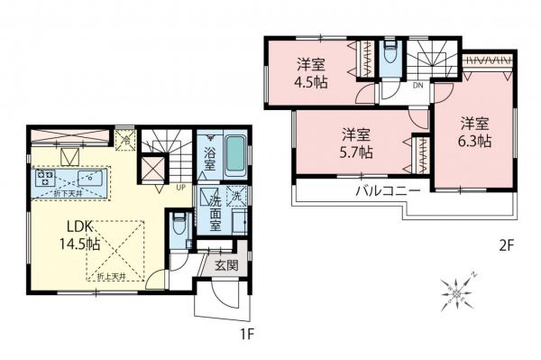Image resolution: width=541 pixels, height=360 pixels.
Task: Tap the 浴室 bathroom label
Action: tap(208, 158)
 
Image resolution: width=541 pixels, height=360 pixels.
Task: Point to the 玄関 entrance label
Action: tap(226, 265)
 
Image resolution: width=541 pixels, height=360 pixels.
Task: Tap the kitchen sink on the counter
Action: tap(88, 178)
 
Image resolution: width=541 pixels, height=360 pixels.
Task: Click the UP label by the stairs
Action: tap(181, 189)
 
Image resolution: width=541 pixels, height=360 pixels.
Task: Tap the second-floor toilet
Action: tap(389, 54)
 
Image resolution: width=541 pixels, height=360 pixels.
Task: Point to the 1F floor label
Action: tap(245, 334)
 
